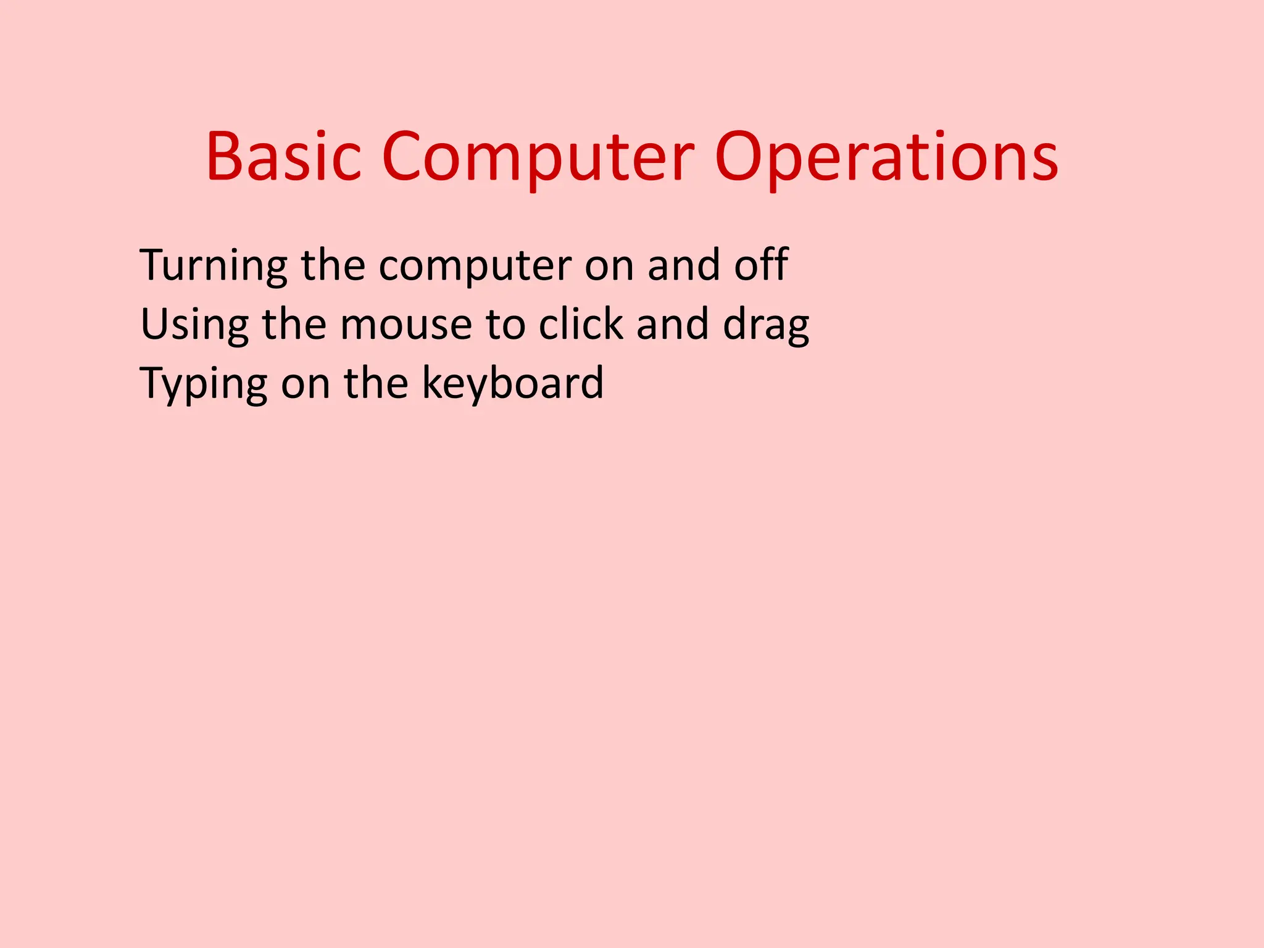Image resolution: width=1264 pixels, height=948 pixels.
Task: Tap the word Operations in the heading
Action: tap(886, 157)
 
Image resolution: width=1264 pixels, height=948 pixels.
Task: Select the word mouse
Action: tap(405, 325)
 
